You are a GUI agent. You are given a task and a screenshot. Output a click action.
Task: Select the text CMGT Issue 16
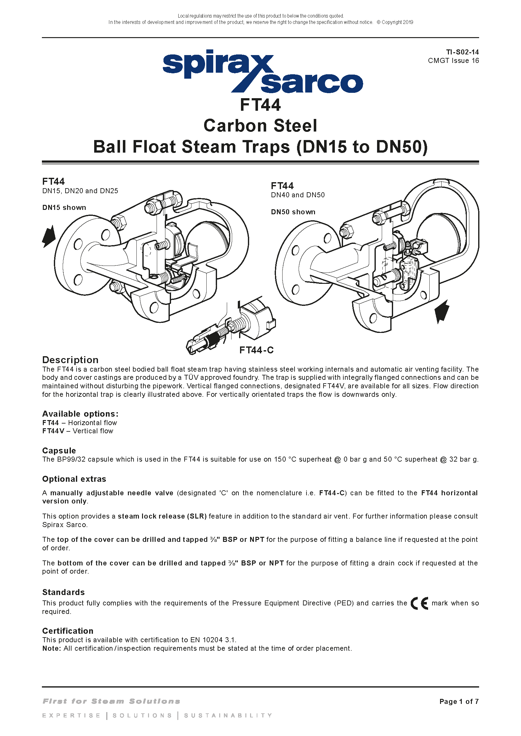click(x=453, y=61)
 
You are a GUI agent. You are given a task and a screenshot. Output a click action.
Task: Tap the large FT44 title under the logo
click(x=260, y=105)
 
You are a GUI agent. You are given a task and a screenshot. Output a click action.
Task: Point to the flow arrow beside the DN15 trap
click(x=49, y=236)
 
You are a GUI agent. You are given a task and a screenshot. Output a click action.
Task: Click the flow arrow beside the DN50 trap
click(x=442, y=311)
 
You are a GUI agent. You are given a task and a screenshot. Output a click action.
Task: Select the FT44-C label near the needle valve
click(x=256, y=350)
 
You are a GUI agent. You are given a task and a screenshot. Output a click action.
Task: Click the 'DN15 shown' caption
click(x=64, y=207)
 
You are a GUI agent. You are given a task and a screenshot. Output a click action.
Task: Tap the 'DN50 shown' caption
click(x=293, y=212)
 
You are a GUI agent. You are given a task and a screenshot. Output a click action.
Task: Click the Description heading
click(x=70, y=360)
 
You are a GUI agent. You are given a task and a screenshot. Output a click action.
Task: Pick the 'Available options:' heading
click(x=80, y=414)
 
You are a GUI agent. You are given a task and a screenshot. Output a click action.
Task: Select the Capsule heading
click(x=59, y=451)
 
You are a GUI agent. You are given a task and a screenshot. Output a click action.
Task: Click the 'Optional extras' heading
click(x=74, y=479)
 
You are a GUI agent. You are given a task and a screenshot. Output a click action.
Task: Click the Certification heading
click(x=68, y=631)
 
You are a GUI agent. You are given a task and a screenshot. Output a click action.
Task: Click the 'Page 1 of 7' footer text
click(x=459, y=701)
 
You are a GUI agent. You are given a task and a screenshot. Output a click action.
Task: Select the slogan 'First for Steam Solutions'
click(x=111, y=701)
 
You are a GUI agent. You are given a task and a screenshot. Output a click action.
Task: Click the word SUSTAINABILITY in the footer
click(x=228, y=716)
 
